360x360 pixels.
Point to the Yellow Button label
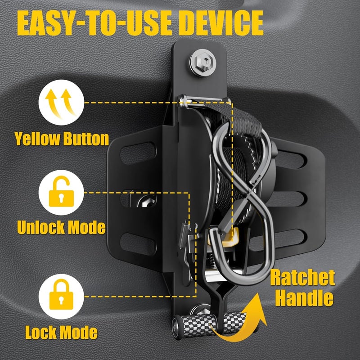tap(62, 139)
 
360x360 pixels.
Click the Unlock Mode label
tap(62, 227)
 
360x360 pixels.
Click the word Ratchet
tap(302, 279)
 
